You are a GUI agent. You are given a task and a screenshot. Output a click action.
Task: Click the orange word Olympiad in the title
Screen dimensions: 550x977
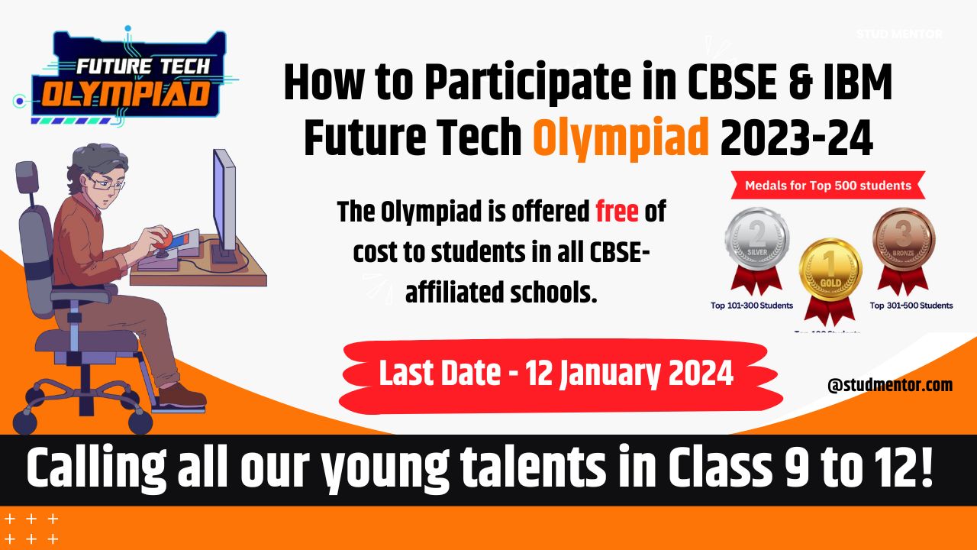[x=621, y=139]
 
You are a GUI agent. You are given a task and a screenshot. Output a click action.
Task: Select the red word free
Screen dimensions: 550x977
[x=617, y=212]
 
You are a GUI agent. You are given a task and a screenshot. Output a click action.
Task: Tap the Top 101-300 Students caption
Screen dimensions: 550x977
[x=752, y=306]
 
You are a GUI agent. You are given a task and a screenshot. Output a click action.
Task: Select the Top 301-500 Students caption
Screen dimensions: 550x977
[x=911, y=306]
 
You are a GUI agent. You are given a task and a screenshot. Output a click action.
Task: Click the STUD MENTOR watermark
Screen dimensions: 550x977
[x=899, y=34]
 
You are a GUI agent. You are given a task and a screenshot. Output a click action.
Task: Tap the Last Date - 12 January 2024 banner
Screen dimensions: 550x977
[x=556, y=374]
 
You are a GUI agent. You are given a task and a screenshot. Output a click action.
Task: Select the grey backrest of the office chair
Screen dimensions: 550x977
[x=34, y=229]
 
